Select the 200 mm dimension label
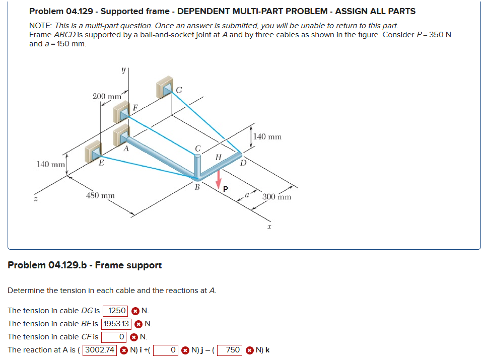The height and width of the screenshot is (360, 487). point(107,96)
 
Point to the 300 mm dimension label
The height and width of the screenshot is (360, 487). point(277,196)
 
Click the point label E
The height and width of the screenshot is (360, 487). point(101,163)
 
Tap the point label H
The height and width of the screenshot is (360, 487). point(218,157)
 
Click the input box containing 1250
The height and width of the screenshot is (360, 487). point(116,311)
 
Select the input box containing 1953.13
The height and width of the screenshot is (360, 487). point(117,324)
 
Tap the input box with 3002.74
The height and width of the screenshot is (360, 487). point(100,350)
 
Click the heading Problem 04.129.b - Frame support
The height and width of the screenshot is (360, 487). point(85,265)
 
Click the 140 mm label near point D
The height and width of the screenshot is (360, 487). point(267,136)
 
